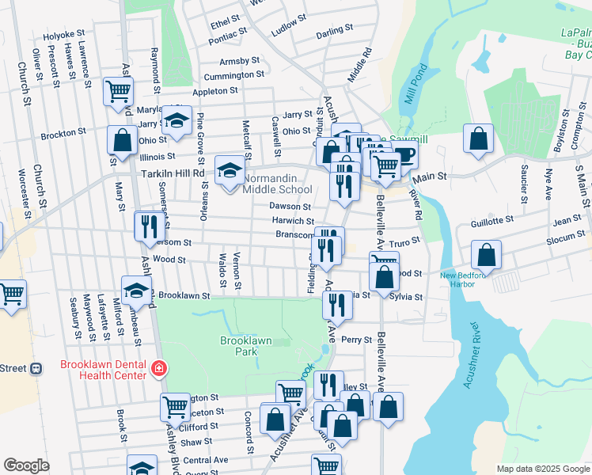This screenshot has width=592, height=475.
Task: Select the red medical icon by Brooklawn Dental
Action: click(x=158, y=369)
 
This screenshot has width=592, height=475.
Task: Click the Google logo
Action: click(x=27, y=465)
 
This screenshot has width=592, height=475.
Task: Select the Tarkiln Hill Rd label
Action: click(x=173, y=173)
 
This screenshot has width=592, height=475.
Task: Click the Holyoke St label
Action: click(x=63, y=36)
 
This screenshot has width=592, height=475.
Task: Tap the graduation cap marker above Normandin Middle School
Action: click(x=230, y=169)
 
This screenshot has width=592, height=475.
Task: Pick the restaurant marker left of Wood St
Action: click(x=147, y=226)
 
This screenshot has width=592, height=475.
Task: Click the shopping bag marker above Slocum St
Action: click(x=486, y=254)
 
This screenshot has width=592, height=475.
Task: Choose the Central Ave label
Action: click(x=205, y=459)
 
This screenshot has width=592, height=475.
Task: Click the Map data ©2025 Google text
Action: click(x=542, y=469)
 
